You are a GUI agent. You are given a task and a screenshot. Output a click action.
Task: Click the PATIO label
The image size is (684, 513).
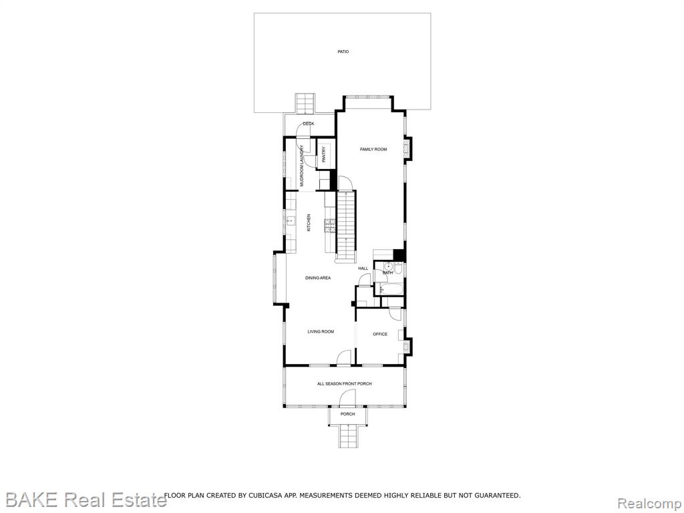pos(343,51)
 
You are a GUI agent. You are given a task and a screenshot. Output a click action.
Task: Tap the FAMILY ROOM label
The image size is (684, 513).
pos(373,149)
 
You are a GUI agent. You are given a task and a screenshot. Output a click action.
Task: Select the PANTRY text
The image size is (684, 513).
pos(324,155)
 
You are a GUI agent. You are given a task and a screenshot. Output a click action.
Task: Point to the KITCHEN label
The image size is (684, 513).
pos(309,222)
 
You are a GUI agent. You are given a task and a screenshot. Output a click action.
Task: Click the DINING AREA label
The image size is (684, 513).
pos(317,278)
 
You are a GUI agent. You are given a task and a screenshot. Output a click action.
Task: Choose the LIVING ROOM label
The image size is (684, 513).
pos(321,331)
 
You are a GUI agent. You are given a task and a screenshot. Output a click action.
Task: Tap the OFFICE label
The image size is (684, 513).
pos(380,334)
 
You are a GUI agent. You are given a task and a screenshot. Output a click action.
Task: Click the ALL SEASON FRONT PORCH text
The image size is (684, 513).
pos(344,384)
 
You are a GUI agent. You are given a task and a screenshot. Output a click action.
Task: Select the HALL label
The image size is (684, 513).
pos(363,269)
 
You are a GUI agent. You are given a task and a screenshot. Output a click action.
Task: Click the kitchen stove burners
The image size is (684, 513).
pos(330,225)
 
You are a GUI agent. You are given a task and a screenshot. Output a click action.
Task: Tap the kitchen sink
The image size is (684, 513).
pos(290,221)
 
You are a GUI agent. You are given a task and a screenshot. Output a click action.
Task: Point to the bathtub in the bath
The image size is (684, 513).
pos(391,289)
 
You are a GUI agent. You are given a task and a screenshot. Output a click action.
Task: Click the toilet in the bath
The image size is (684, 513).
pos(399,267)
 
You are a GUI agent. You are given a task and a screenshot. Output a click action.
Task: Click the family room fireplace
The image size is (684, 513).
pos(408,148)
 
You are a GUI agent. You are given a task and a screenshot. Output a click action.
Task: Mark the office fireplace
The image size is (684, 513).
pos(407,347)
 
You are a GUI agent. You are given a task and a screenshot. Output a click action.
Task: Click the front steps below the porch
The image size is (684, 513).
pos(347,436)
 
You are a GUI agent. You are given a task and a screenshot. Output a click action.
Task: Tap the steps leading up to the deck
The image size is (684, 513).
pos(305,103)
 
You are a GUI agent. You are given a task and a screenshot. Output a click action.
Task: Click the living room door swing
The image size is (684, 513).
pos(344,357)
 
